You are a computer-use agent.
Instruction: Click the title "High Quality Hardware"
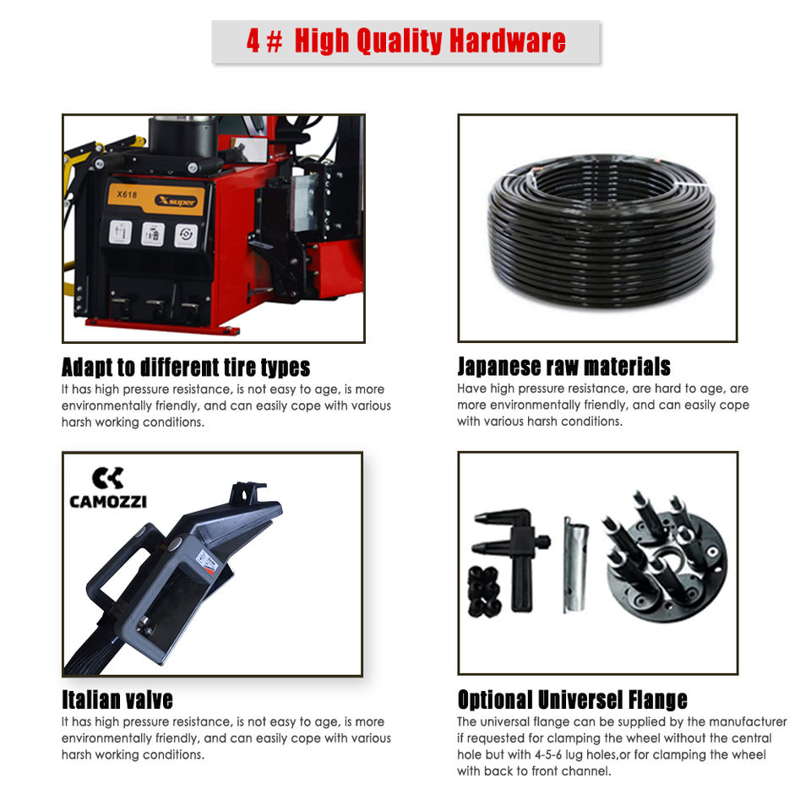point(430,41)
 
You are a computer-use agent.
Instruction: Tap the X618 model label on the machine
point(127,194)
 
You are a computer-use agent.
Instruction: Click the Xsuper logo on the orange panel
point(176,201)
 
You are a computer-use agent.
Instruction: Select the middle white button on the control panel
point(153,235)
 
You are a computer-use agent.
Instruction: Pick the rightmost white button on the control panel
point(186,236)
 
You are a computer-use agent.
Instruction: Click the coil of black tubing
point(601,231)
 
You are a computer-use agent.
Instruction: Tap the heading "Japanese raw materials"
point(563,366)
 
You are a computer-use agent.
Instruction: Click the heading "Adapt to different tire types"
point(186,367)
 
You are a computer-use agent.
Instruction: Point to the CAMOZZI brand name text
point(108,502)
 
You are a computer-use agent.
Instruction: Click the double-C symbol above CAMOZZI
point(108,478)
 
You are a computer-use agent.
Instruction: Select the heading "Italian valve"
point(117,699)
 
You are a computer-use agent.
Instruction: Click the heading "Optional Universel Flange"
point(572,699)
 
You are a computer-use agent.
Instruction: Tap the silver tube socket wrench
point(575,564)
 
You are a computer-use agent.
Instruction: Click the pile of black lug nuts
point(484,591)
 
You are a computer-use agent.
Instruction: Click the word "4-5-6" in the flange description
point(547,754)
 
